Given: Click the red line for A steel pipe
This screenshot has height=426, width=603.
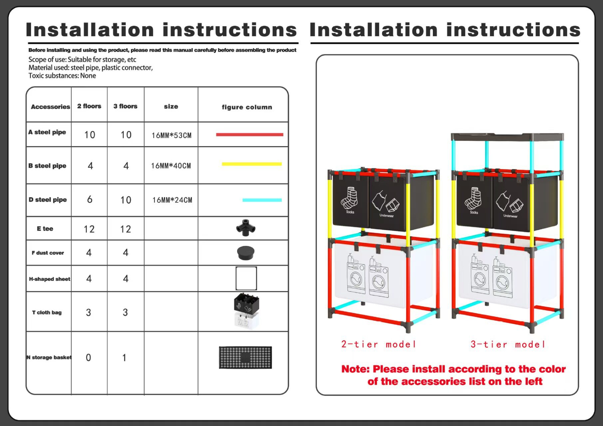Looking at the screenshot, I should click(x=249, y=135).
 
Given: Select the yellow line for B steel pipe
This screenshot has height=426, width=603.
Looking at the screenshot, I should click(x=251, y=164).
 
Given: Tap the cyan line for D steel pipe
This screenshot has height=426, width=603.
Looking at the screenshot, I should click(x=262, y=200).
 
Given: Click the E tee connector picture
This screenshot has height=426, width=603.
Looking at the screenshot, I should click(x=246, y=228).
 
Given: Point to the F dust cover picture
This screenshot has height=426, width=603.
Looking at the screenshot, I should click(x=246, y=253).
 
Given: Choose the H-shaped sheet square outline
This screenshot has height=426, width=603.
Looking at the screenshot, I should click(x=246, y=278).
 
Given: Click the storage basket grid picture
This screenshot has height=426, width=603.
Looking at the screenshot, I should click(x=245, y=357).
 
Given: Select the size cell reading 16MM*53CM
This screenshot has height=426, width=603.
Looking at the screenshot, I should click(x=171, y=135).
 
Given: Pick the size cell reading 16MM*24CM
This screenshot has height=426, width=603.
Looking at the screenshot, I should click(x=172, y=200).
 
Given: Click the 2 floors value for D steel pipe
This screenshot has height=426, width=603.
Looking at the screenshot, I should click(x=90, y=199).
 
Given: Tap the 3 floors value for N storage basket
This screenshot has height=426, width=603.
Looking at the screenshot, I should click(x=124, y=358).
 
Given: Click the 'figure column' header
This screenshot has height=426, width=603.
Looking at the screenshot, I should click(x=247, y=107).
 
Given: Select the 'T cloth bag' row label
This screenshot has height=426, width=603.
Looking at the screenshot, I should click(x=47, y=313).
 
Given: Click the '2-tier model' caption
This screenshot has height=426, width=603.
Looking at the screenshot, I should click(x=379, y=344).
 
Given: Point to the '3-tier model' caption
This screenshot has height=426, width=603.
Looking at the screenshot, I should click(x=508, y=344).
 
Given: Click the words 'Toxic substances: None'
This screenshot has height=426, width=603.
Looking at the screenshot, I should click(x=62, y=76).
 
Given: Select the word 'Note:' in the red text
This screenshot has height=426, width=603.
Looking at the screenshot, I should click(x=355, y=369).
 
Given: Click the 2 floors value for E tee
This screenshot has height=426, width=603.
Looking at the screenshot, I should click(x=89, y=229).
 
